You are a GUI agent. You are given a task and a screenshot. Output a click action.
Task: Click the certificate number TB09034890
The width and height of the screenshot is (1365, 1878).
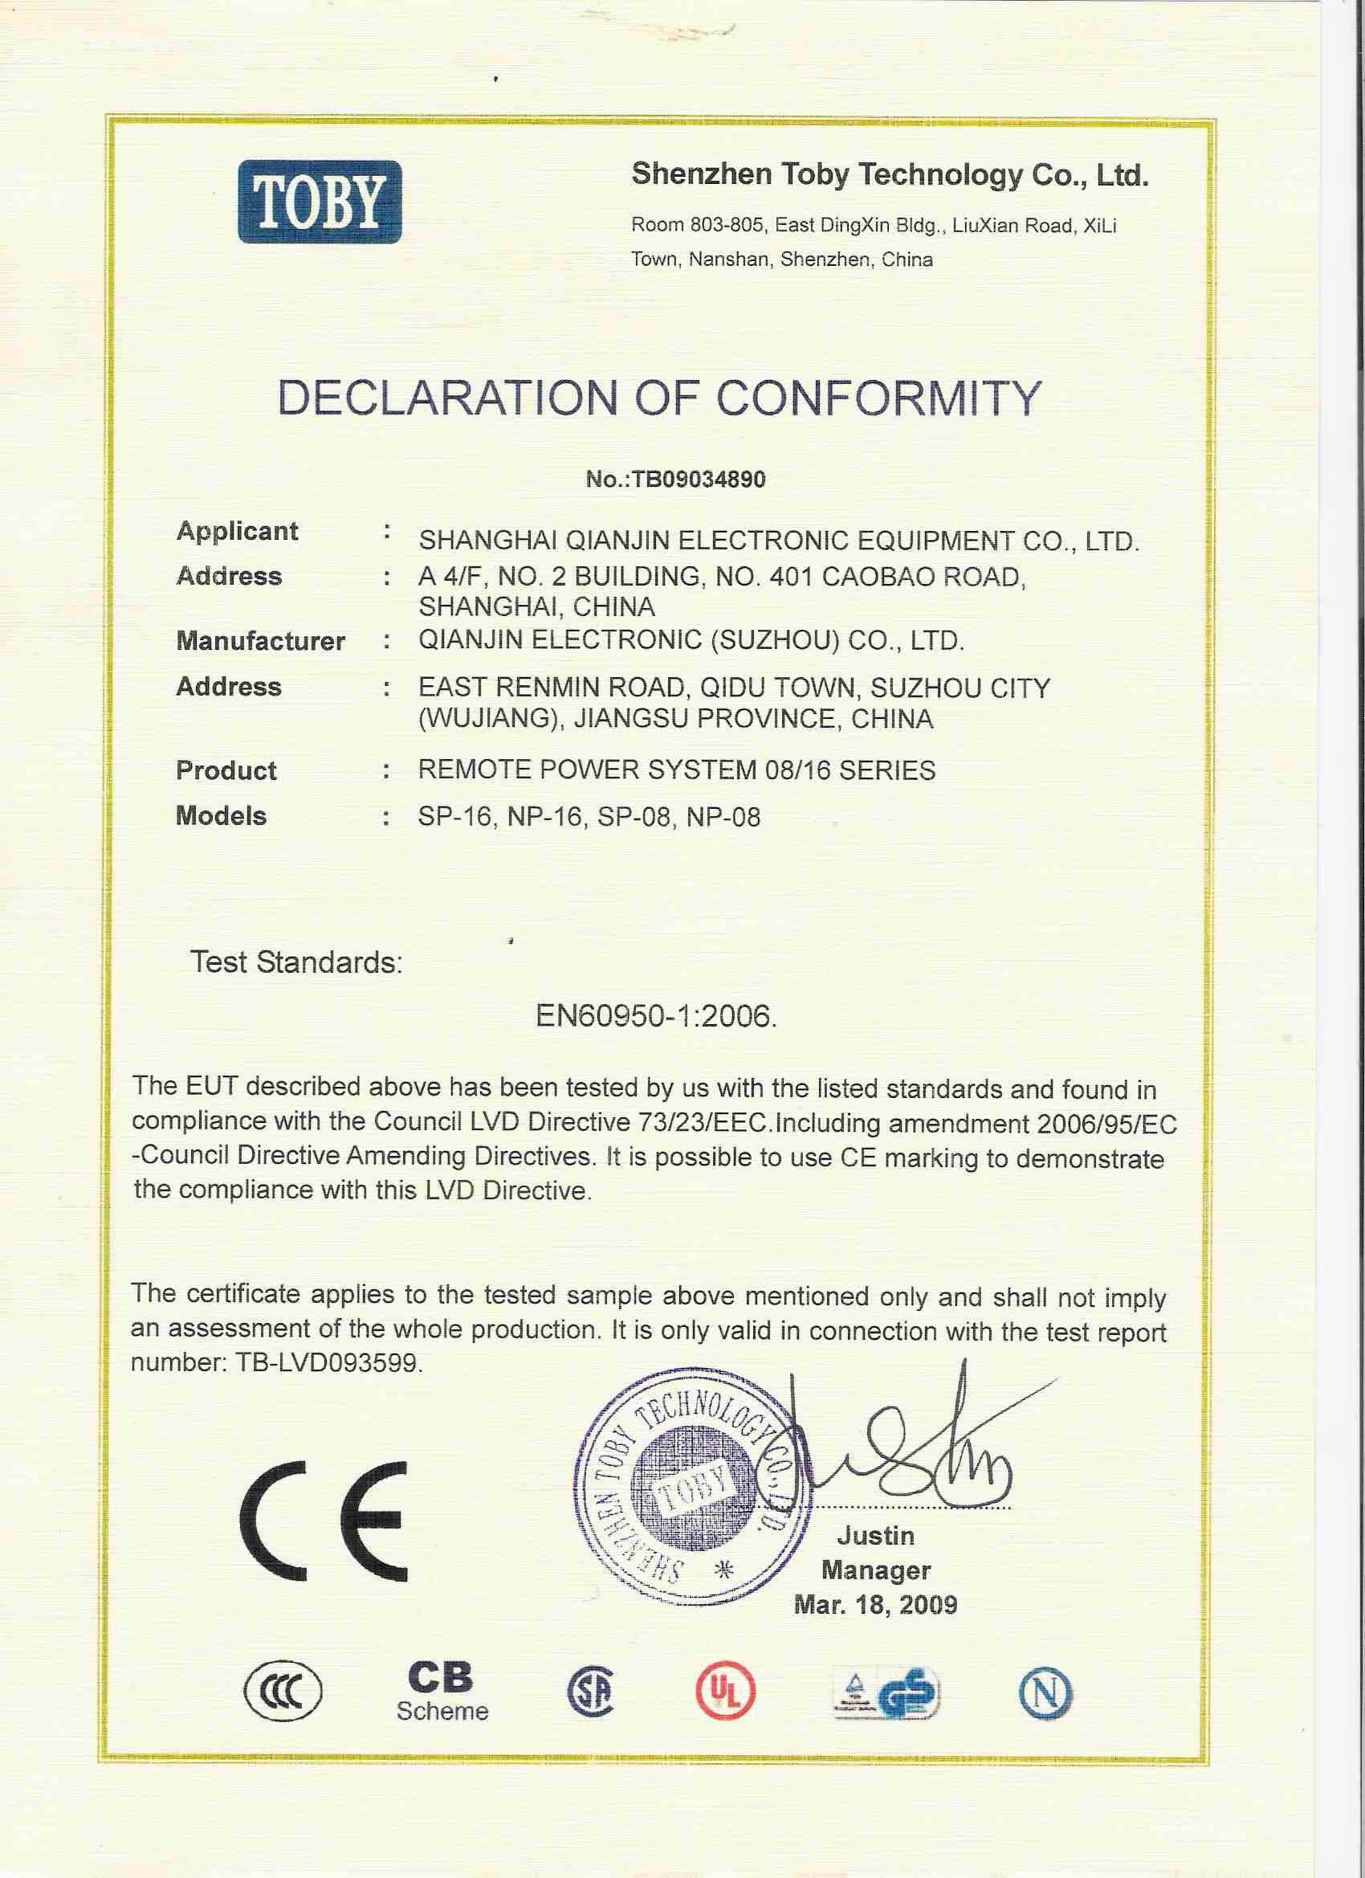699,479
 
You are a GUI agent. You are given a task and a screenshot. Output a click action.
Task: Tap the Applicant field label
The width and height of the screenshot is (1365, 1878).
237,531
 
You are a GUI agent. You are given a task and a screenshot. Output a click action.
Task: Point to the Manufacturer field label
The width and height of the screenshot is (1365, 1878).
260,641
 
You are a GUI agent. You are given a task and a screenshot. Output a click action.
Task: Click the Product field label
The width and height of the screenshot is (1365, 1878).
226,770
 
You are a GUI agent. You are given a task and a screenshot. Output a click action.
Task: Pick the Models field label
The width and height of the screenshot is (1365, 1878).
221,815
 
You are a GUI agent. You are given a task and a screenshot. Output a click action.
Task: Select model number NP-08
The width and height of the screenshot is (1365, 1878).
723,817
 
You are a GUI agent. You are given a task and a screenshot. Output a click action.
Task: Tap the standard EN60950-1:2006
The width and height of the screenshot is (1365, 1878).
657,1016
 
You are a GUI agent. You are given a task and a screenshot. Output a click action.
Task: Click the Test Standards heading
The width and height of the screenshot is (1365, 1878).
296,962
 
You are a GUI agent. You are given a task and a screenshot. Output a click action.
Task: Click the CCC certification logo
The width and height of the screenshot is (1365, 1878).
283,1691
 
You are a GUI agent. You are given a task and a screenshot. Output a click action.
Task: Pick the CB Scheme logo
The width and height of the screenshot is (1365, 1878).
442,1691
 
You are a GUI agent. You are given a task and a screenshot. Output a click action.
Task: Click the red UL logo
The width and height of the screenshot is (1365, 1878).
726,1692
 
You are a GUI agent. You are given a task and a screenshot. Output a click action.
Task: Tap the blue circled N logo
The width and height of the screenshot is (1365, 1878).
1045,1692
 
